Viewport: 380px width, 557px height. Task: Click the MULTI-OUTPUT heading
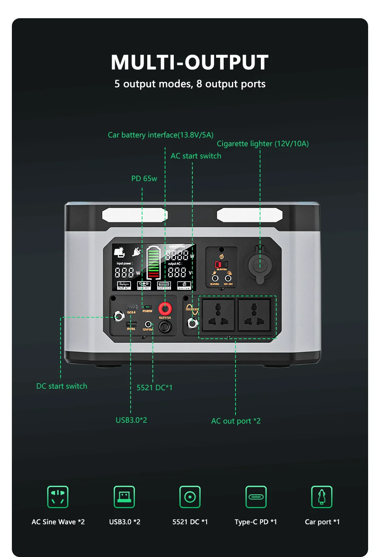(190, 63)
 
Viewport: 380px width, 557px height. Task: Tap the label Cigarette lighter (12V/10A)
(262, 143)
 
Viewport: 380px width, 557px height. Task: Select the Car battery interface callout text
(160, 135)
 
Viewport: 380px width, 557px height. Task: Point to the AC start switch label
(196, 156)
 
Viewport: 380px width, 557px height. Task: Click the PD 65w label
(144, 178)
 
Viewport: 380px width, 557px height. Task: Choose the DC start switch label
(62, 386)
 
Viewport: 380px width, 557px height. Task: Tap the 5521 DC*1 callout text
(154, 387)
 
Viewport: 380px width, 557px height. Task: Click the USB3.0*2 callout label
(131, 420)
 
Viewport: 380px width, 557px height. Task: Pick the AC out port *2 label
(236, 421)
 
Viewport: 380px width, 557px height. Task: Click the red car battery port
(165, 308)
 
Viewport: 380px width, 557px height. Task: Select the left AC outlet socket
(218, 315)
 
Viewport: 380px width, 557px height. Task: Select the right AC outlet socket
(254, 315)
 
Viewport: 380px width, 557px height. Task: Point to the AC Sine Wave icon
(58, 496)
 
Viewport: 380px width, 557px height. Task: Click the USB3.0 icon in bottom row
(124, 496)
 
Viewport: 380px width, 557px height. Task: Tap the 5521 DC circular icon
(190, 496)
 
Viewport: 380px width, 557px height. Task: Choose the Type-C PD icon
(256, 496)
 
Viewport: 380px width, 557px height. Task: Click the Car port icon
(321, 496)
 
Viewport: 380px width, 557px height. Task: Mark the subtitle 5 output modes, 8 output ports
(190, 84)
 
